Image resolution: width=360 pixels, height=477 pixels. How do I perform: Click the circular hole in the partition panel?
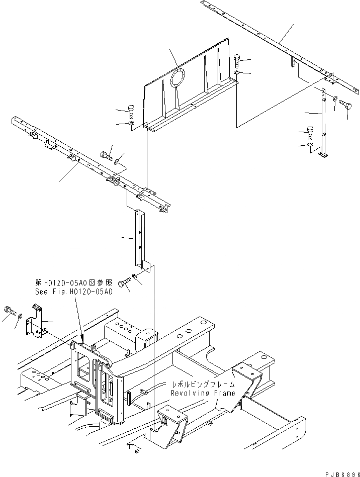pos(178,79)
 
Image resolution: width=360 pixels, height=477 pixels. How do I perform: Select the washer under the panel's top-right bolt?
pos(236,73)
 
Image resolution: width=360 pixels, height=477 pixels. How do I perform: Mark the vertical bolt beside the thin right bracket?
pos(310,133)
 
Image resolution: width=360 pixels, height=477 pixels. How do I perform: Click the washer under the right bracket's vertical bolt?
pos(310,145)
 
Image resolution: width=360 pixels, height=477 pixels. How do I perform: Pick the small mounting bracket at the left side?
pos(36,322)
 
